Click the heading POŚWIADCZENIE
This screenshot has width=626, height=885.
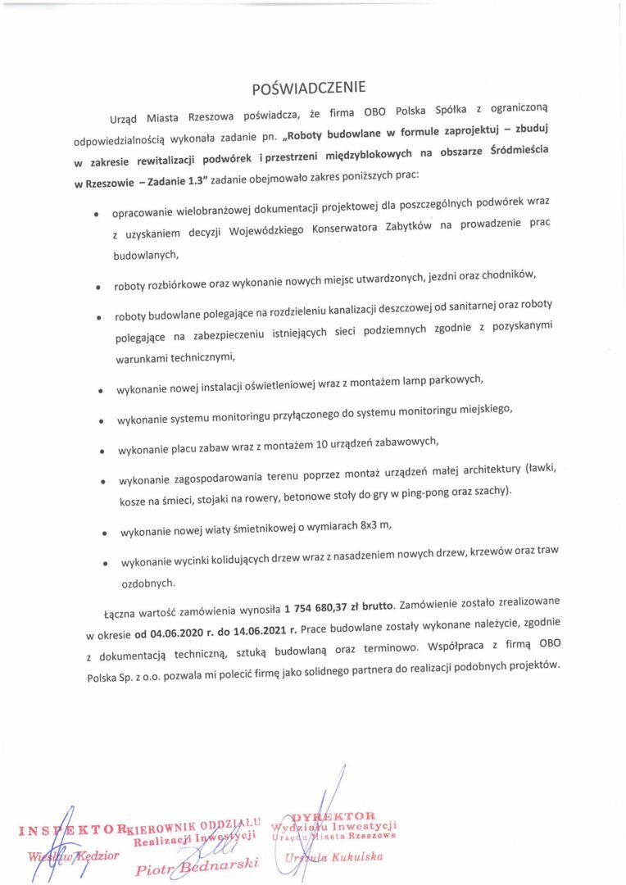309,87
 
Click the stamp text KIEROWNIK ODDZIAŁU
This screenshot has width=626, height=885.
195,823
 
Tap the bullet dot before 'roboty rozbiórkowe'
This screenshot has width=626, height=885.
97,288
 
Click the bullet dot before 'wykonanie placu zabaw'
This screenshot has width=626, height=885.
102,450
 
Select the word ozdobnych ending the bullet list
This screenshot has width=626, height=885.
147,583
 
